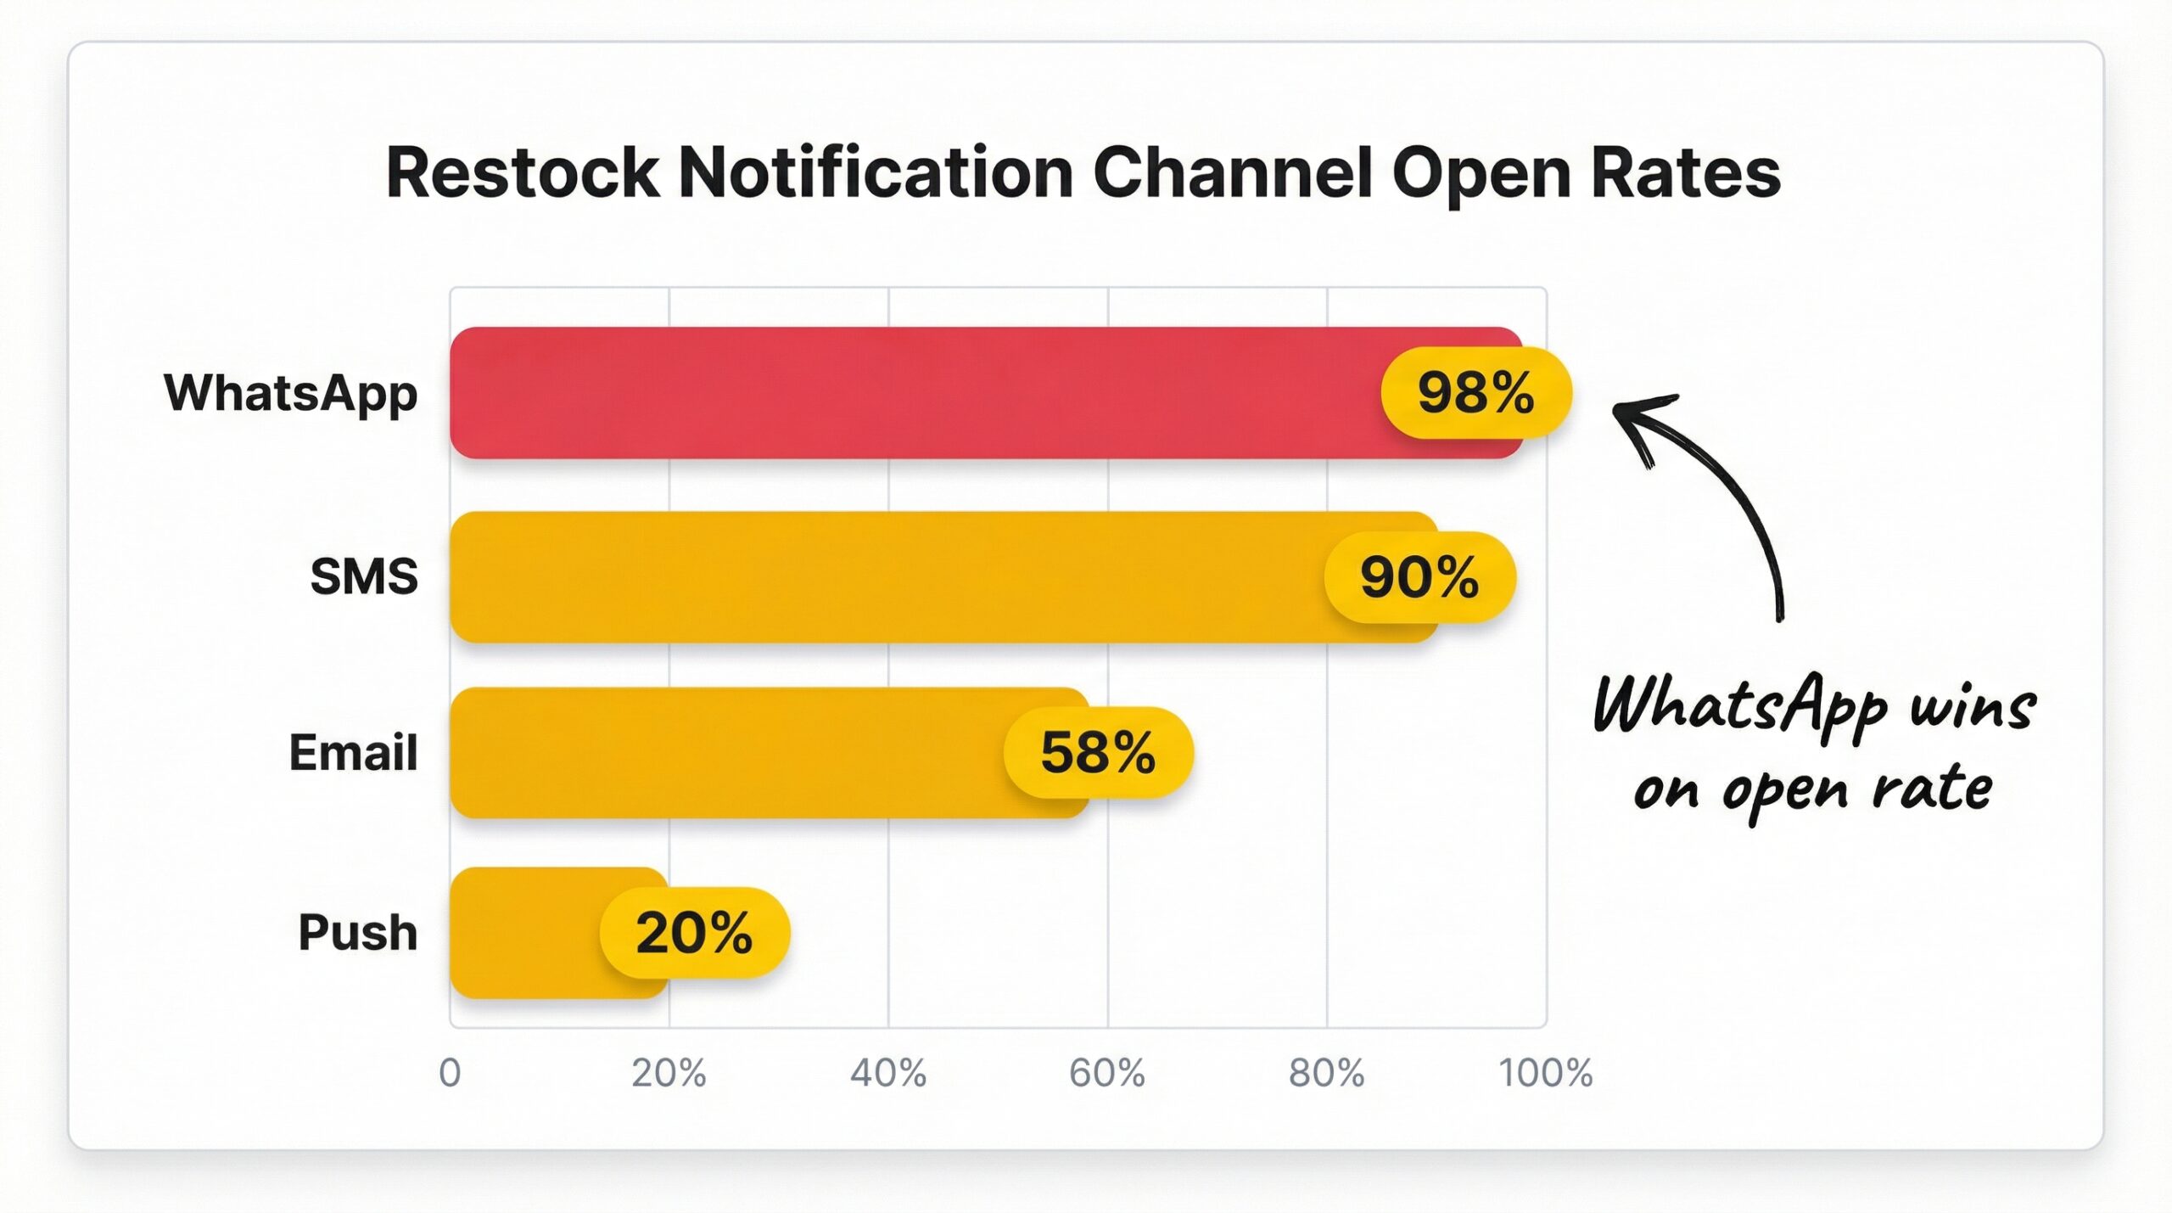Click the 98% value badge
pyautogui.click(x=1476, y=393)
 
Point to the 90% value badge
pyautogui.click(x=1419, y=577)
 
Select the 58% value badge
pyautogui.click(x=1098, y=753)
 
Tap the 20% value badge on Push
pyautogui.click(x=694, y=933)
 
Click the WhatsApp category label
pyautogui.click(x=291, y=394)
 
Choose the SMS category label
pyautogui.click(x=364, y=577)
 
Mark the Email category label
pyautogui.click(x=353, y=753)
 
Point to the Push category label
pyautogui.click(x=358, y=933)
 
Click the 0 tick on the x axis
pyautogui.click(x=450, y=1074)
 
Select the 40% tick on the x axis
pyautogui.click(x=888, y=1074)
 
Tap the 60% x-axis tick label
pyautogui.click(x=1107, y=1074)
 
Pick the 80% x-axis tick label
pyautogui.click(x=1327, y=1074)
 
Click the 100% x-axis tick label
pyautogui.click(x=1546, y=1074)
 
